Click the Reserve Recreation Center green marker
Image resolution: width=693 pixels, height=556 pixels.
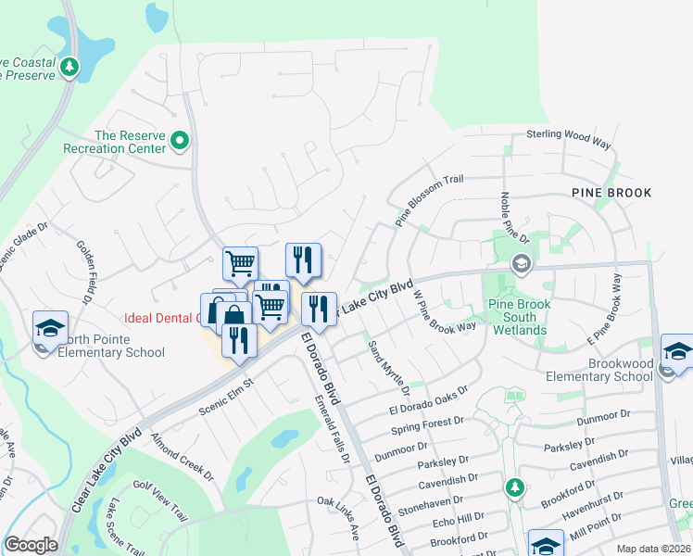[x=180, y=142]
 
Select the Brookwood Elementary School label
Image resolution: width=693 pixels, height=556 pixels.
[x=599, y=370]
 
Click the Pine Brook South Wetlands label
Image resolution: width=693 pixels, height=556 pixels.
[x=519, y=317]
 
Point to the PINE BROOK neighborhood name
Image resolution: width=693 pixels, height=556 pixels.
[x=611, y=193]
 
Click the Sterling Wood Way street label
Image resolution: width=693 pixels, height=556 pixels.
[x=569, y=139]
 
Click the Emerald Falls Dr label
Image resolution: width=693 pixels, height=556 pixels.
[x=332, y=425]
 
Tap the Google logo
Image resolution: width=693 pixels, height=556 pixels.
[x=31, y=546]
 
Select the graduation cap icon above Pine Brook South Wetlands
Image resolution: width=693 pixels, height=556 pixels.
[x=522, y=265]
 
